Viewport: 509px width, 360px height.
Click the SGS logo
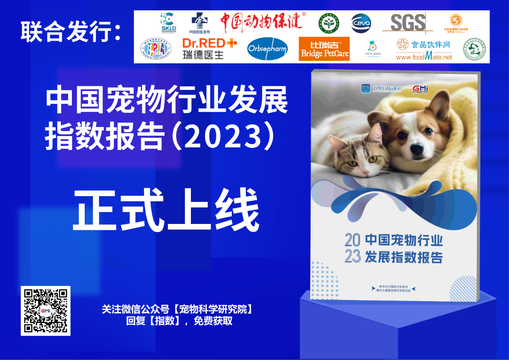point(408,23)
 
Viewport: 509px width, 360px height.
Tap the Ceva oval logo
point(361,23)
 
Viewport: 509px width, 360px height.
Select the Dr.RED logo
point(209,49)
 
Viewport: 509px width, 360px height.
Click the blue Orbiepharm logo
point(267,49)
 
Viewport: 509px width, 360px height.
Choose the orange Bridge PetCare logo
point(324,49)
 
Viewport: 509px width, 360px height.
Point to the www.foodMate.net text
point(424,57)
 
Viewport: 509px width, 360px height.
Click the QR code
point(45,311)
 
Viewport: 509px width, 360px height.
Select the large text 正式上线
point(166,211)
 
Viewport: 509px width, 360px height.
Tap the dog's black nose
point(417,149)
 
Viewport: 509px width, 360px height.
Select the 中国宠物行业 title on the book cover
point(404,241)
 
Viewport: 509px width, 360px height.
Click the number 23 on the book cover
point(352,257)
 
